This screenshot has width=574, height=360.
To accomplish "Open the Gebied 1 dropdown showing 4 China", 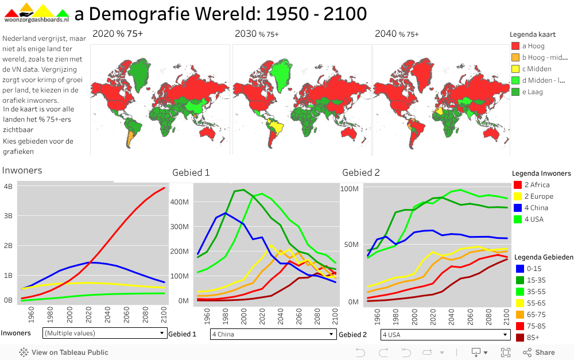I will point(273,334).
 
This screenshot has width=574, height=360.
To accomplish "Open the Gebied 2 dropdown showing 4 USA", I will point(444,334).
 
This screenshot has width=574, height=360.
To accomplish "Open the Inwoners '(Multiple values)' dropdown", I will point(104,333).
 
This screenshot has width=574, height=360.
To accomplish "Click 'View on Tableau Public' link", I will point(64,353).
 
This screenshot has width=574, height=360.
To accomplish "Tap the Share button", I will point(539,353).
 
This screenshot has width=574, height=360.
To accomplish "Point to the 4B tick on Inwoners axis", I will point(8,187).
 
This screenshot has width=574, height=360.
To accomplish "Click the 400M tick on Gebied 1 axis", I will point(180,202).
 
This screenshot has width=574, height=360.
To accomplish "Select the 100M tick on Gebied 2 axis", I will point(350,188).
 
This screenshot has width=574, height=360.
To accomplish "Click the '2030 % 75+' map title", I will point(257,34).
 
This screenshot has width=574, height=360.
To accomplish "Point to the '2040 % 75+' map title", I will point(397,34).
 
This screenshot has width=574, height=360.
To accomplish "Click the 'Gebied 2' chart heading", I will point(361,172).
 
